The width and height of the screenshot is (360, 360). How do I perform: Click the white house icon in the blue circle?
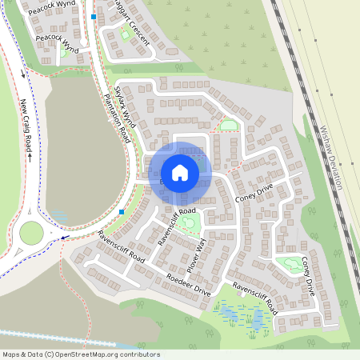pos(180,173)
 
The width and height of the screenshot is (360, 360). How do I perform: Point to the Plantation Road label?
pos(118,118)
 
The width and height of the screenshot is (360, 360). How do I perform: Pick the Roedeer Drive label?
pos(188,285)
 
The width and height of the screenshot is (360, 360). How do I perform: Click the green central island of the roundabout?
pos(31,233)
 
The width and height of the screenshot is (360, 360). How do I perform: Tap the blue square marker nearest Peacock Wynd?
pos(94,17)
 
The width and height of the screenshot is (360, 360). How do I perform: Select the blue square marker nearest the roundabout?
pos(122,212)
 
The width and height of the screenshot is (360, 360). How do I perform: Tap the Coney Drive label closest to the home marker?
pos(254,191)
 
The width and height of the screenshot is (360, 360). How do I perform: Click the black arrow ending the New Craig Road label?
pos(29,156)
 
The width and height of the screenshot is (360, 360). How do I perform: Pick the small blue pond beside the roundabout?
pos(59,216)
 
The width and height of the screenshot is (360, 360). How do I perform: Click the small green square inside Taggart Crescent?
pos(126,34)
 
